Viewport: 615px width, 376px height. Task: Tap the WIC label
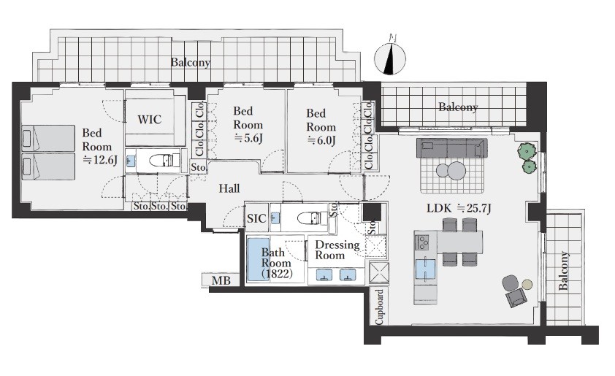click(149, 119)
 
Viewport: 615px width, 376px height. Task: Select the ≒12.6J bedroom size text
click(100, 160)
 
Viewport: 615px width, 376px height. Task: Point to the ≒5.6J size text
click(248, 137)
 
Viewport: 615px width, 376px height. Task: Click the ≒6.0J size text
click(321, 140)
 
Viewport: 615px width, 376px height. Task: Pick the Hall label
click(229, 188)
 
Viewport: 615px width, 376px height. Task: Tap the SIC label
click(256, 218)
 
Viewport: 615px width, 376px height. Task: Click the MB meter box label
click(221, 281)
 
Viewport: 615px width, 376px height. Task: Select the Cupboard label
click(379, 307)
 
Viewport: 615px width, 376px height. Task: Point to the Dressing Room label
click(337, 250)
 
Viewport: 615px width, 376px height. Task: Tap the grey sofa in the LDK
click(452, 148)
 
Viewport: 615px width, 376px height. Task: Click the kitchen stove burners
click(423, 242)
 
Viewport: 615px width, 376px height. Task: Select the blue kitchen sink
click(426, 269)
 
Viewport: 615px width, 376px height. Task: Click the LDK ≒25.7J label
click(459, 208)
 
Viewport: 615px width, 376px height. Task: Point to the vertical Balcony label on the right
click(563, 271)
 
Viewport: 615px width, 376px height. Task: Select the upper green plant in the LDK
click(527, 150)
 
